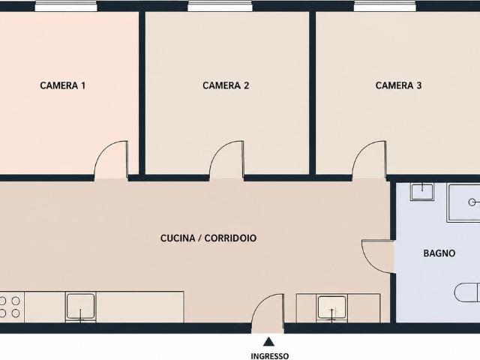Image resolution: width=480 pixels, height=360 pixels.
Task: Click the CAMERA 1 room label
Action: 63,85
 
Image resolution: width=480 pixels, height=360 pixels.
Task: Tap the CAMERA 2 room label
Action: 226,85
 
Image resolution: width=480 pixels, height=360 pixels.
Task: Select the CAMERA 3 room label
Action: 398,85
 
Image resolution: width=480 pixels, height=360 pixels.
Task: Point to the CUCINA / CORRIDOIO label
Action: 208,238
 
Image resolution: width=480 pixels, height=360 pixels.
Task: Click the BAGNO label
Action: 439,253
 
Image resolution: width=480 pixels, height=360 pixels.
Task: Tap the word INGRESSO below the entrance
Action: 270,356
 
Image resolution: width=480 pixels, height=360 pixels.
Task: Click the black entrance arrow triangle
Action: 268,341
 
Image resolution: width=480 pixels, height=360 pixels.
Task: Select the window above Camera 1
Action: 65,6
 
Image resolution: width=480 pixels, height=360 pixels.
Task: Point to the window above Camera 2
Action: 220,6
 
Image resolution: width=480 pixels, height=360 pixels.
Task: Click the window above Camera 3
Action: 385,6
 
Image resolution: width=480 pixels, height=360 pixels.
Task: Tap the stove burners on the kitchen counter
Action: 10,307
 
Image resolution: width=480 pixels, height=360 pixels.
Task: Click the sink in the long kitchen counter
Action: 80,307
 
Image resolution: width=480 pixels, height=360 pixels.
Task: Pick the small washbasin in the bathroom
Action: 422,192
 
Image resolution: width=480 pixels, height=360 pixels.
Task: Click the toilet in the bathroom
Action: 467,293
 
